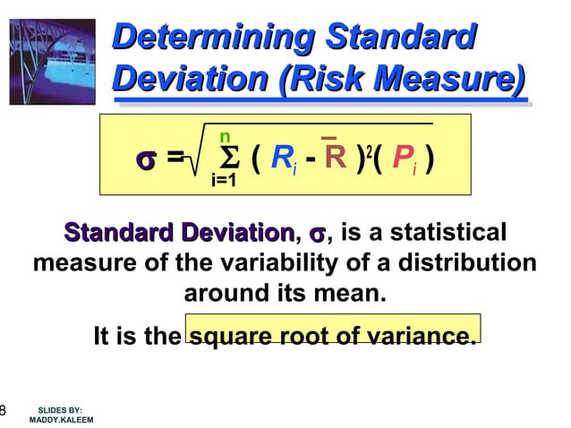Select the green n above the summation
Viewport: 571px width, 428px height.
coord(225,137)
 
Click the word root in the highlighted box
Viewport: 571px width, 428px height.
coord(306,338)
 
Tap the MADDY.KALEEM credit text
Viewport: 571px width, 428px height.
coord(61,420)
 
